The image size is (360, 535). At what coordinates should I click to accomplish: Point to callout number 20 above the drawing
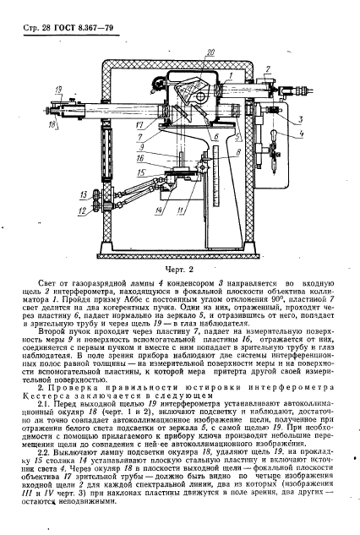click(210, 53)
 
